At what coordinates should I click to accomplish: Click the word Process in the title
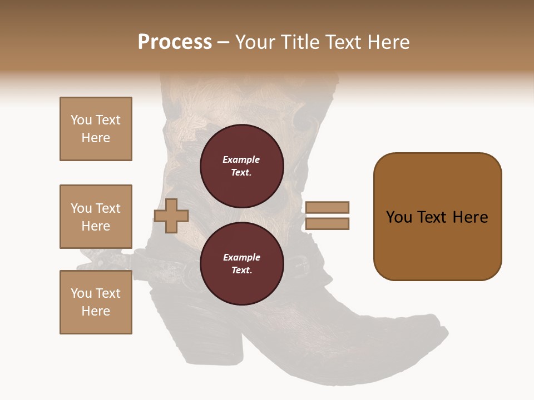(x=175, y=42)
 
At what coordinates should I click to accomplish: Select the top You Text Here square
(x=96, y=129)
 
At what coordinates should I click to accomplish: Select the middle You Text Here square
(x=96, y=217)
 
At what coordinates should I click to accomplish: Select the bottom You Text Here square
(x=96, y=302)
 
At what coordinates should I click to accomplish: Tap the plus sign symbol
(x=171, y=216)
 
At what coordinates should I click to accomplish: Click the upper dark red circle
(x=242, y=166)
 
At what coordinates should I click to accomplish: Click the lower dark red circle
(x=242, y=264)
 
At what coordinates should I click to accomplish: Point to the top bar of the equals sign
(x=327, y=207)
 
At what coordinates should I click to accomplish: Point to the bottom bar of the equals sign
(x=327, y=224)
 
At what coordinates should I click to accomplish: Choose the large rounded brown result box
(x=437, y=216)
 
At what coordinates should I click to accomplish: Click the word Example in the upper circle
(x=241, y=159)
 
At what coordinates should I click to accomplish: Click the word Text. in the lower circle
(x=241, y=271)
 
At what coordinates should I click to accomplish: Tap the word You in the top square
(x=81, y=120)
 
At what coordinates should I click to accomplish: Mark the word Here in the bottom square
(x=96, y=311)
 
